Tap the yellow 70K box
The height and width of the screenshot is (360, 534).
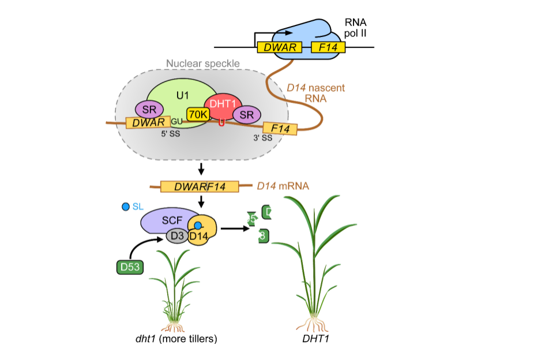198,114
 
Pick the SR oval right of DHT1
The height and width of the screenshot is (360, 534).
246,114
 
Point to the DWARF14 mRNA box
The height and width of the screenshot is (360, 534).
200,186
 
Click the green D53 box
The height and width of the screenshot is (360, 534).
130,267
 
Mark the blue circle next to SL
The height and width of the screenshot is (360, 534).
126,207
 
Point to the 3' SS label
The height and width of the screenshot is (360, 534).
262,138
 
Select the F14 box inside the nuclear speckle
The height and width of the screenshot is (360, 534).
280,128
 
